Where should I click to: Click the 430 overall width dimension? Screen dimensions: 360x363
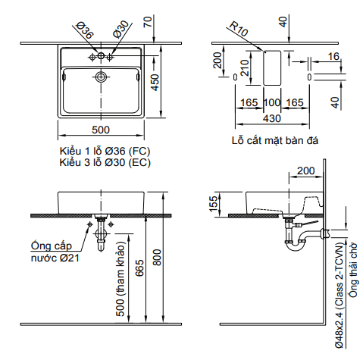(271, 118)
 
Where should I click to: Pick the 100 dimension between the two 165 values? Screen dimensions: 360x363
(271, 102)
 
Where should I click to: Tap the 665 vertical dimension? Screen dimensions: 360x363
(140, 269)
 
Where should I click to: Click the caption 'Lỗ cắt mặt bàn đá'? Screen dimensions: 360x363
(275, 139)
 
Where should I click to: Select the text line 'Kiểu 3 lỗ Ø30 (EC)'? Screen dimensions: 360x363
(105, 162)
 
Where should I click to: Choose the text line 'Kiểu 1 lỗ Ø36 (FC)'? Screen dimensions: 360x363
(105, 151)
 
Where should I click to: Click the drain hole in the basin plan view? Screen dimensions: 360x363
(99, 77)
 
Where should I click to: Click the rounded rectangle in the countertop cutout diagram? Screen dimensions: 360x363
(271, 68)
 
